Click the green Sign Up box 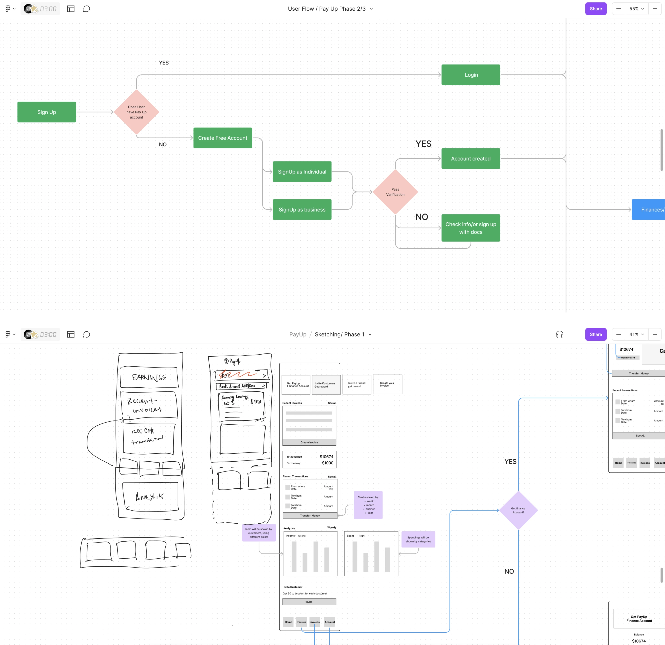(x=47, y=112)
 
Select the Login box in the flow (x=471, y=75)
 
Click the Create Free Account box (x=223, y=138)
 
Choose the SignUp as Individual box (x=302, y=172)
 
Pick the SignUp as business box (x=302, y=210)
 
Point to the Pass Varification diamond (x=395, y=192)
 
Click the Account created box (x=471, y=159)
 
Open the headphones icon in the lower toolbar (x=559, y=334)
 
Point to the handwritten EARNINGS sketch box (x=149, y=377)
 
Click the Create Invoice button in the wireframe (x=309, y=442)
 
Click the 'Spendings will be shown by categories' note (x=418, y=539)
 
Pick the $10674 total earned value (x=326, y=457)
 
